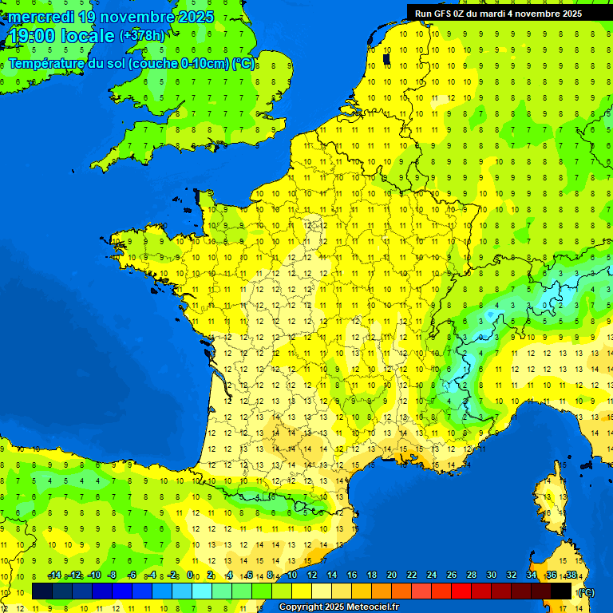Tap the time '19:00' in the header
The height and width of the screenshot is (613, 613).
coord(33,36)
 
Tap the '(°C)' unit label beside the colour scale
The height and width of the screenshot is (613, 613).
coord(585,591)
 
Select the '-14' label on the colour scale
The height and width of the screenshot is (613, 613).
coord(55,575)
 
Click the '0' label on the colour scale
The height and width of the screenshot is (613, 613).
coord(190,575)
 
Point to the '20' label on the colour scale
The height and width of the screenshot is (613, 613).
coord(392,575)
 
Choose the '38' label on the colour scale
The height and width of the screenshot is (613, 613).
coord(571,575)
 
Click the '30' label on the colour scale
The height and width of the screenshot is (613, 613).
coord(492,575)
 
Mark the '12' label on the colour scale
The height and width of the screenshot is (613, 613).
coord(312,575)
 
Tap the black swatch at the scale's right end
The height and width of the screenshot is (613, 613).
coord(561,591)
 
